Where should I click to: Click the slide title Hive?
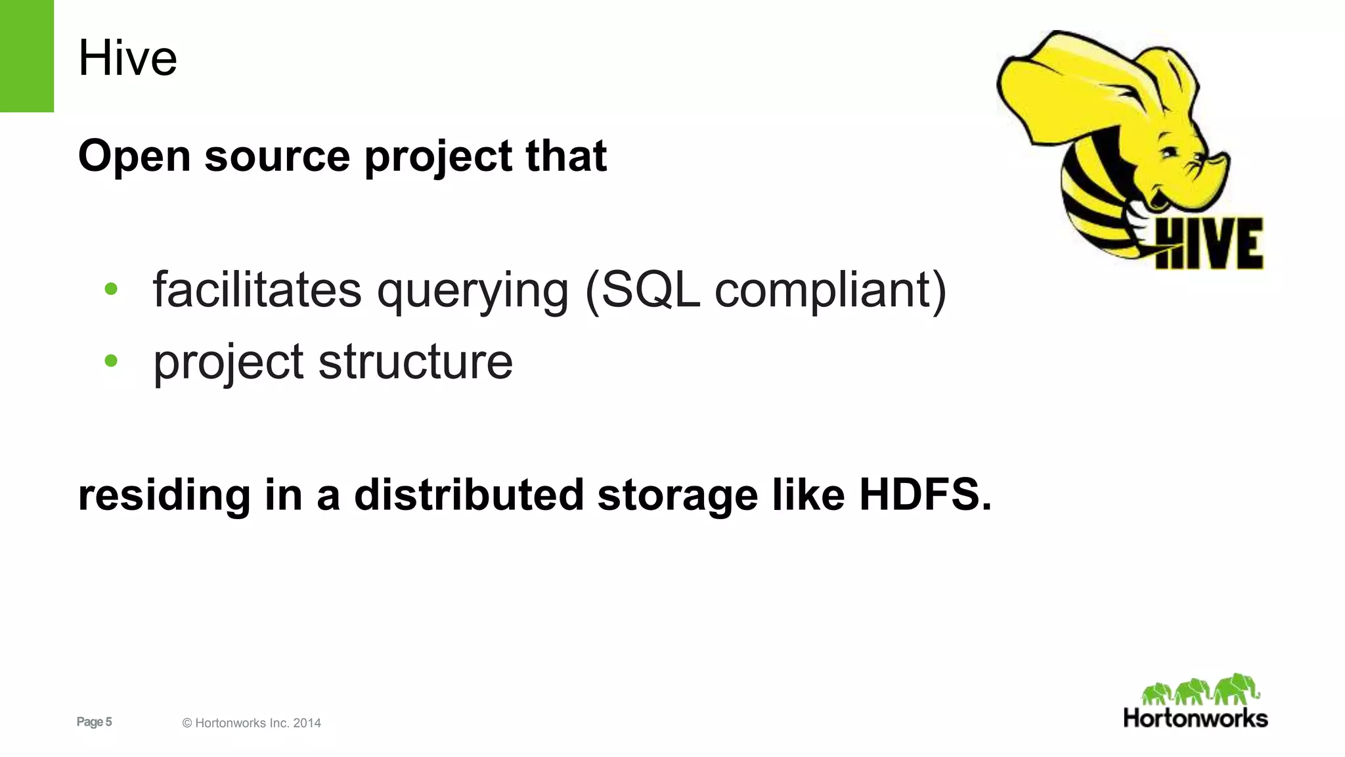[127, 58]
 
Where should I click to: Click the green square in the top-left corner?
[26, 56]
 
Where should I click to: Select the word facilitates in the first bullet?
[257, 290]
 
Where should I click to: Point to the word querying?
[472, 291]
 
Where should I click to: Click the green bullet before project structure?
[111, 361]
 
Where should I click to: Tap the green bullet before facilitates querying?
[111, 288]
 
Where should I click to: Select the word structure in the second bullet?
[415, 362]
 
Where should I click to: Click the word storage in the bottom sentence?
[677, 495]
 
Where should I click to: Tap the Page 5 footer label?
[94, 722]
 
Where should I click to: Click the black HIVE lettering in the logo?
[1208, 243]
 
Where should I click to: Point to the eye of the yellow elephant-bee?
[1170, 152]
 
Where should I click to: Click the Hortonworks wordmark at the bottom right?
[1195, 718]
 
